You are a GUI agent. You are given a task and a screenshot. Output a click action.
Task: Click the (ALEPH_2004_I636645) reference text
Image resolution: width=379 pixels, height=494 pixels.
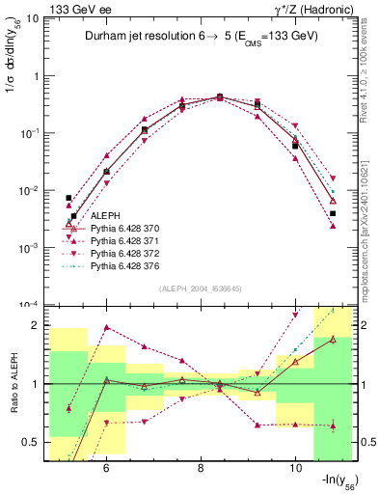201,288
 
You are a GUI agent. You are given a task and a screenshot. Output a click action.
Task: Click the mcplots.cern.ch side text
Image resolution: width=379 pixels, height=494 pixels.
370,232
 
